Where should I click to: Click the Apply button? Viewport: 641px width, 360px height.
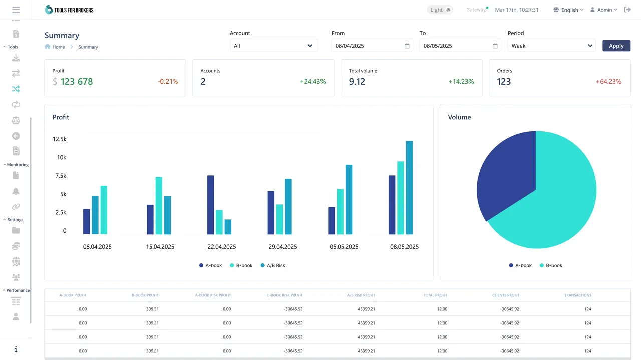click(616, 46)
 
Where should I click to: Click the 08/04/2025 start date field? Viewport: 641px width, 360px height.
click(368, 46)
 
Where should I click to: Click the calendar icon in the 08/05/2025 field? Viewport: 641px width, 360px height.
click(495, 46)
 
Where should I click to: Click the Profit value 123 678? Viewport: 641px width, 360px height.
click(76, 82)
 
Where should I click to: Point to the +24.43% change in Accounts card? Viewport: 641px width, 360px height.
click(312, 82)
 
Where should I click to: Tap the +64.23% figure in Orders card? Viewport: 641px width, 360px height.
click(608, 82)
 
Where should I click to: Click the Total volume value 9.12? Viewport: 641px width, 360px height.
click(357, 82)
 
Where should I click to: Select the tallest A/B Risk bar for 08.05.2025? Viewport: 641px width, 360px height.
click(409, 188)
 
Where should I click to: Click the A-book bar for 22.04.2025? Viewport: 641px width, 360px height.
click(211, 205)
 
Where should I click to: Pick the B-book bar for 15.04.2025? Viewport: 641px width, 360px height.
click(159, 206)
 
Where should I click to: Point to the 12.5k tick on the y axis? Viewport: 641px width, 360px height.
click(60, 139)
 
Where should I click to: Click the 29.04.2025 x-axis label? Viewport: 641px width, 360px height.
click(282, 247)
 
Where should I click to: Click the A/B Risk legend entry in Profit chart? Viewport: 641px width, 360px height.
click(273, 266)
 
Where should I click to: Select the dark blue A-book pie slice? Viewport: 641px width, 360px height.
click(503, 175)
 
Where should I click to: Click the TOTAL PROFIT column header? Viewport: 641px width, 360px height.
click(435, 295)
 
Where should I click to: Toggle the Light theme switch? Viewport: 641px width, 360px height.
click(440, 10)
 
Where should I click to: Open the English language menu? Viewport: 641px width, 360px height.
click(569, 10)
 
